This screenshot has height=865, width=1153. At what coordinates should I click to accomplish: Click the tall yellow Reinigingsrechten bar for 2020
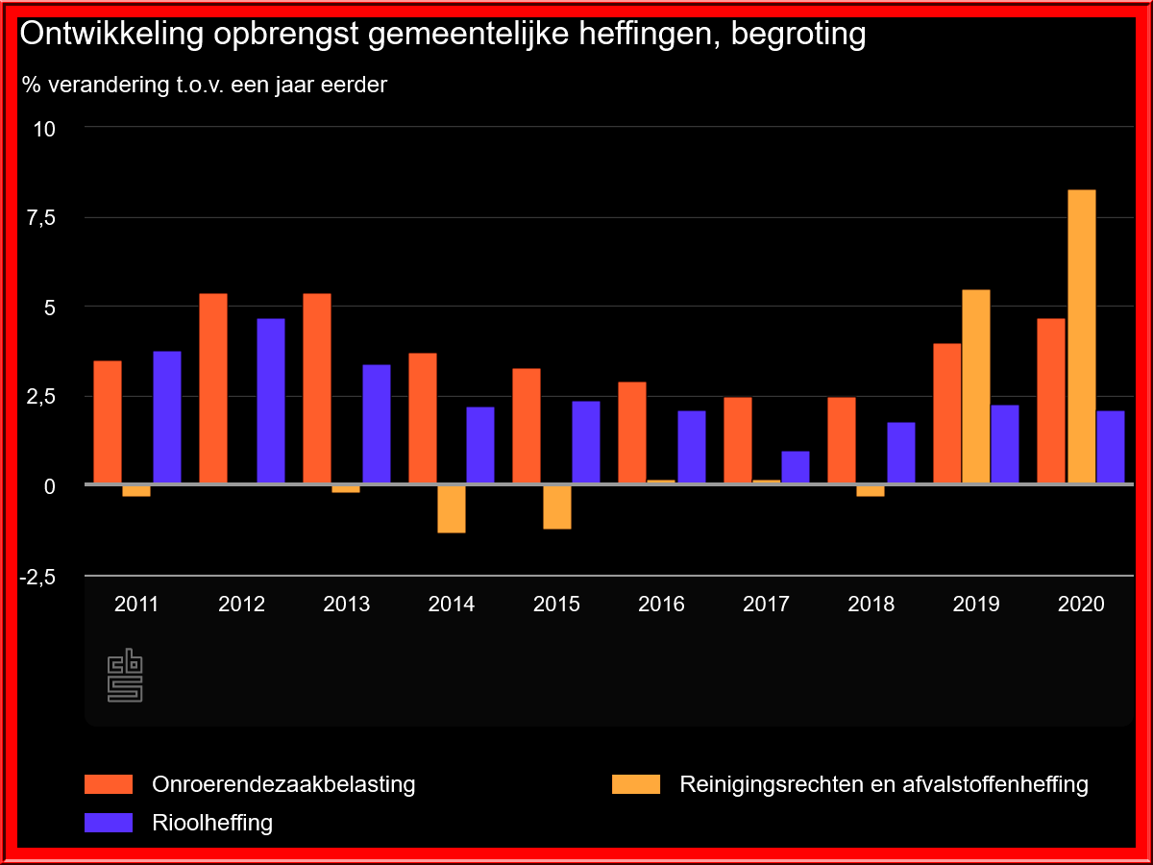tap(1081, 336)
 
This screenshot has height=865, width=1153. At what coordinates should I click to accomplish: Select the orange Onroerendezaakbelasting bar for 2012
tap(213, 387)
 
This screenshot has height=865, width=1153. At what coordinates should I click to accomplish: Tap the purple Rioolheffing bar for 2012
tap(271, 401)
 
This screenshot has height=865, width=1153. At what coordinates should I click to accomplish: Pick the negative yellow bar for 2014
tap(452, 508)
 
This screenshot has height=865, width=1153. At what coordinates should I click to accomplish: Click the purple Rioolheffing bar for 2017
tap(795, 467)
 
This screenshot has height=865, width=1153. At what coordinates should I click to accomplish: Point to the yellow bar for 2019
tap(976, 386)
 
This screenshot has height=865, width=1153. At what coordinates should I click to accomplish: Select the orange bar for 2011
tap(108, 421)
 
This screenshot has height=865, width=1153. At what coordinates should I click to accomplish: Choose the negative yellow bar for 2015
tap(556, 507)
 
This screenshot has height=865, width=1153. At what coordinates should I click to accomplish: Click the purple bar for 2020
tap(1110, 447)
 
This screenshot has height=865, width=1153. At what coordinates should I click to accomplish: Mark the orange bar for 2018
tap(842, 440)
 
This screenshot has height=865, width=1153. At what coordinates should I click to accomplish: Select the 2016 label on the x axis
tap(661, 605)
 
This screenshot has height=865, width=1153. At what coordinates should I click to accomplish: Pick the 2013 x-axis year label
tap(346, 605)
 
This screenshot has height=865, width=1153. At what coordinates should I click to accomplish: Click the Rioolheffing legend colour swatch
tap(109, 823)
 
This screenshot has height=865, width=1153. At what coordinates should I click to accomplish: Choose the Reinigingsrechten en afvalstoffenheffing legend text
tap(883, 784)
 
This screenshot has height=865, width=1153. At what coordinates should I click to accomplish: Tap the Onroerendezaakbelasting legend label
tap(283, 784)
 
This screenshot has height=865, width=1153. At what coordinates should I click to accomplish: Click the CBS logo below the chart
tap(125, 676)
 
